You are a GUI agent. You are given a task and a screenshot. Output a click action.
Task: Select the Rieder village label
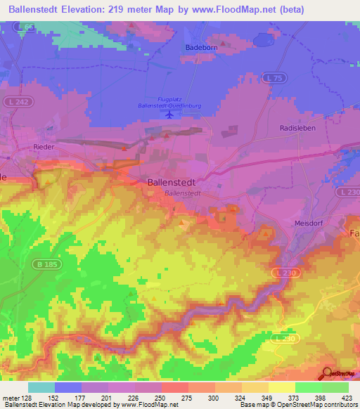(x=44, y=147)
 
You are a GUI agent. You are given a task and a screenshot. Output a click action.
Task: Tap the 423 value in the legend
(x=347, y=397)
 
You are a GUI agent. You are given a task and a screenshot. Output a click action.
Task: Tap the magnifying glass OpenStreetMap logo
(x=328, y=373)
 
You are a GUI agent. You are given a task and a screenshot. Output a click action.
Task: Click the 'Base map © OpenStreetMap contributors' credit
(x=297, y=405)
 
